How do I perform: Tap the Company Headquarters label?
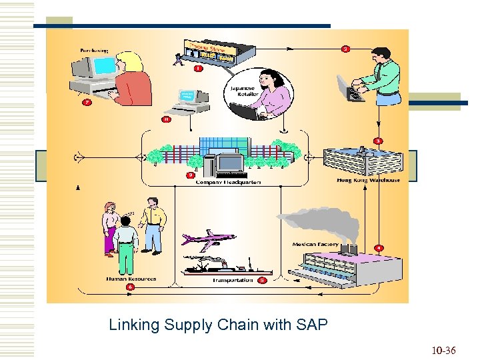[x=228, y=182]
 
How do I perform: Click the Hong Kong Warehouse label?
[x=368, y=180]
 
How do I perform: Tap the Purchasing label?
[x=95, y=50]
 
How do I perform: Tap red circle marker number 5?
[x=262, y=281]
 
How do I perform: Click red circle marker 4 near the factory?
[x=378, y=248]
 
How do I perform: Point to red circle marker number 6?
[x=130, y=287]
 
